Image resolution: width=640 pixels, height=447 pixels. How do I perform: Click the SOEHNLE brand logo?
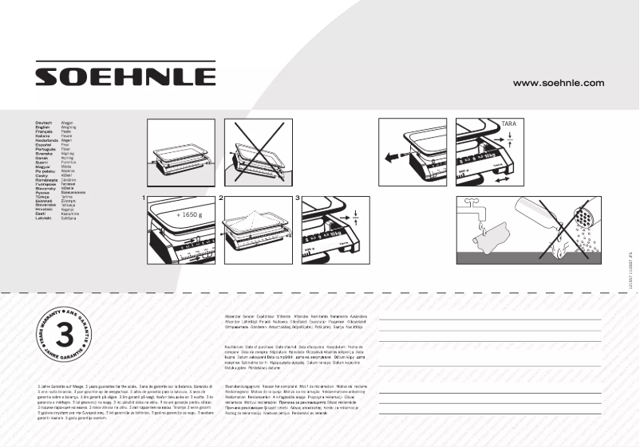coord(124,76)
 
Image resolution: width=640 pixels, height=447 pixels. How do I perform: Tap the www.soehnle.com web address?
coord(558,83)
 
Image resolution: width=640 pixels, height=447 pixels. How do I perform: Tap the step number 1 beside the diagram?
coord(144,196)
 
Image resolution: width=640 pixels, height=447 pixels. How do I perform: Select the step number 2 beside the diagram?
coord(221,196)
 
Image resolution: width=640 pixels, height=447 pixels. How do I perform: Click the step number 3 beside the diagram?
coord(298,196)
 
